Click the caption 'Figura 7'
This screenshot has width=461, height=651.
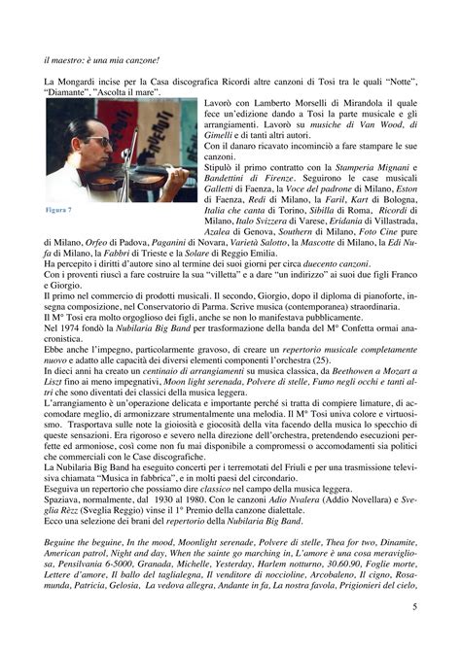click(x=59, y=209)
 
